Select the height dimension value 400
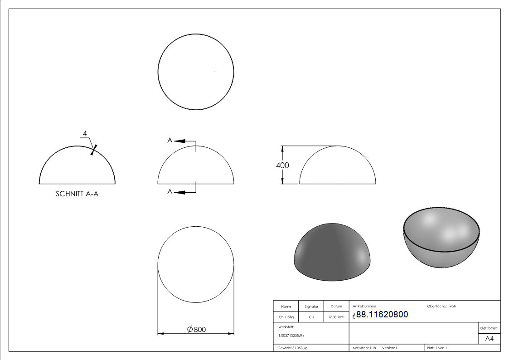(282, 165)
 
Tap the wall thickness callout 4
(85, 134)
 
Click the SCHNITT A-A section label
(77, 194)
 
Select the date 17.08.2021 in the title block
(336, 317)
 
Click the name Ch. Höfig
(286, 317)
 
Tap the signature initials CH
(311, 317)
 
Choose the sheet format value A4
(490, 339)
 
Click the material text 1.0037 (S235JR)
(291, 336)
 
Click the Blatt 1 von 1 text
(437, 348)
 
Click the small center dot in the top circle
(214, 72)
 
